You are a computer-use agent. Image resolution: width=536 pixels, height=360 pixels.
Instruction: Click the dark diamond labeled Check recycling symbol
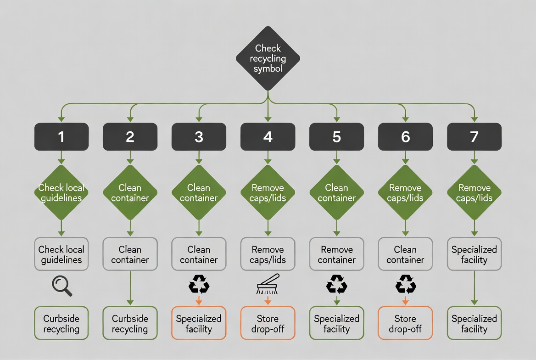(x=268, y=58)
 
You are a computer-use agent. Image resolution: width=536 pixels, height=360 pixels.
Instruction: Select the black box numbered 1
(x=61, y=137)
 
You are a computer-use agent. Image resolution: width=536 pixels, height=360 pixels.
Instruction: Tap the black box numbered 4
(x=268, y=137)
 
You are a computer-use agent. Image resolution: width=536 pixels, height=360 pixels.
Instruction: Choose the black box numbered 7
(x=474, y=137)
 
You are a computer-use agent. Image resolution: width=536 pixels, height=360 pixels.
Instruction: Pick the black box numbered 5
(x=336, y=137)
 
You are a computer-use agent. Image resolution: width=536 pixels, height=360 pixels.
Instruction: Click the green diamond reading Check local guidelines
(x=61, y=193)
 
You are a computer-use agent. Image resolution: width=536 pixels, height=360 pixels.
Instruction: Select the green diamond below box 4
(x=268, y=193)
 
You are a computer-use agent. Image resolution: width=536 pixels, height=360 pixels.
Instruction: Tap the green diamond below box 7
(x=474, y=193)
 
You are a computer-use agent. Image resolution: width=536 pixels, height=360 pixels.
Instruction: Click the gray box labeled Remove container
(x=336, y=254)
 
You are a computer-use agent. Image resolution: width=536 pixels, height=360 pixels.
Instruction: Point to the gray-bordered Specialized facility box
(x=474, y=254)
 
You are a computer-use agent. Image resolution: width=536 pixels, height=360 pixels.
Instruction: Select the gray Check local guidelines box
(x=61, y=254)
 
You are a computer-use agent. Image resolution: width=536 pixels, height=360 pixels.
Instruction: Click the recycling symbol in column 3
(x=199, y=284)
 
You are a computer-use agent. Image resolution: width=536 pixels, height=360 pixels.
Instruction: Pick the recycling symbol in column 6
(x=405, y=284)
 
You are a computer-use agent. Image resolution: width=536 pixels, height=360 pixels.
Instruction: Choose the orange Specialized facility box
(x=199, y=323)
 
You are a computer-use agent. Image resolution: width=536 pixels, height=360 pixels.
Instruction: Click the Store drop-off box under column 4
(x=268, y=323)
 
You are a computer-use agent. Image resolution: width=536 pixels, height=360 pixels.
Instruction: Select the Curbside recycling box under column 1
(x=61, y=323)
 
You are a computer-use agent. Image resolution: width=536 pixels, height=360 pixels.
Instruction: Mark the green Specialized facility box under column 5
(x=336, y=323)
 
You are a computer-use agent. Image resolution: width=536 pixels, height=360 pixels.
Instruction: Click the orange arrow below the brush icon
(x=268, y=300)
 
